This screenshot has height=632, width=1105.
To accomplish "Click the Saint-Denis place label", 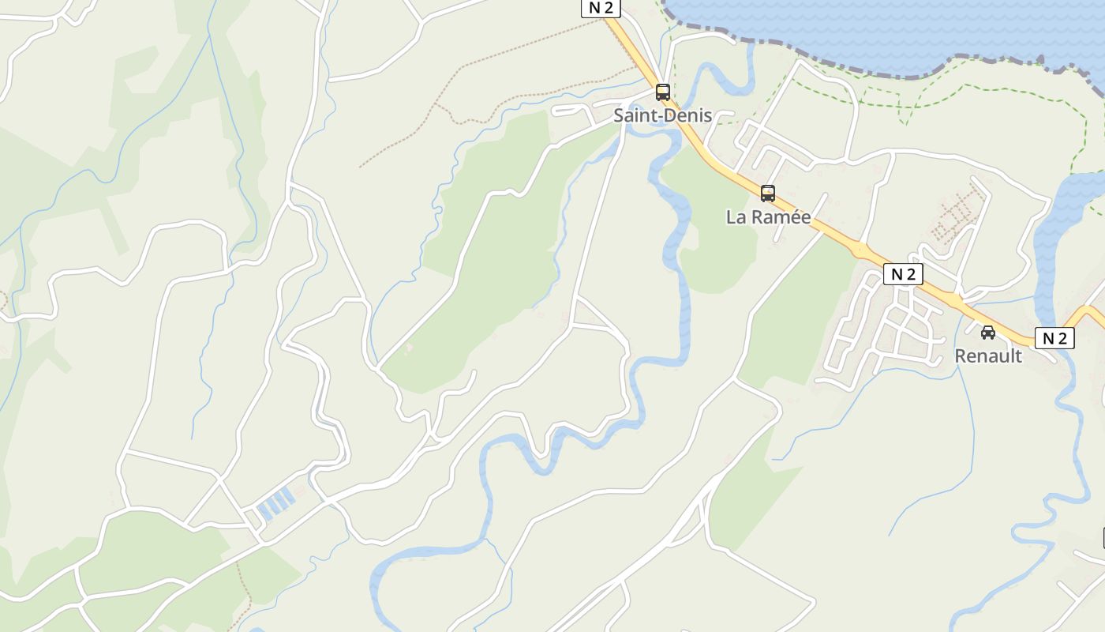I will pos(663,115).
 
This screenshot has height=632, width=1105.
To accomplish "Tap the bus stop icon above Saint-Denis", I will pos(663,92).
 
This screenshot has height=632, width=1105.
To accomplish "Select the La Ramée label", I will pos(768,217).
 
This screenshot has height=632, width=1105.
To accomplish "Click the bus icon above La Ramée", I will pos(767,193).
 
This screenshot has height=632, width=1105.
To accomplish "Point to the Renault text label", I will pos(988,356).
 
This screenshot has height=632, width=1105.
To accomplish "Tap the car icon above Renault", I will pos(988,333).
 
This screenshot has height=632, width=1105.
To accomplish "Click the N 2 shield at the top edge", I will pos(601,8).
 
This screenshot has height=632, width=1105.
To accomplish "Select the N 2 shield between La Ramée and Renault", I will pos(903,274).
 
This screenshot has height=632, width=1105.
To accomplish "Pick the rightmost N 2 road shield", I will pos(1054,338).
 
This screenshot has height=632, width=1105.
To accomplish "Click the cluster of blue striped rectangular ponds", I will pos(275,502).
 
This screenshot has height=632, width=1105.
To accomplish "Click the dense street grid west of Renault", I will pos(884,332).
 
